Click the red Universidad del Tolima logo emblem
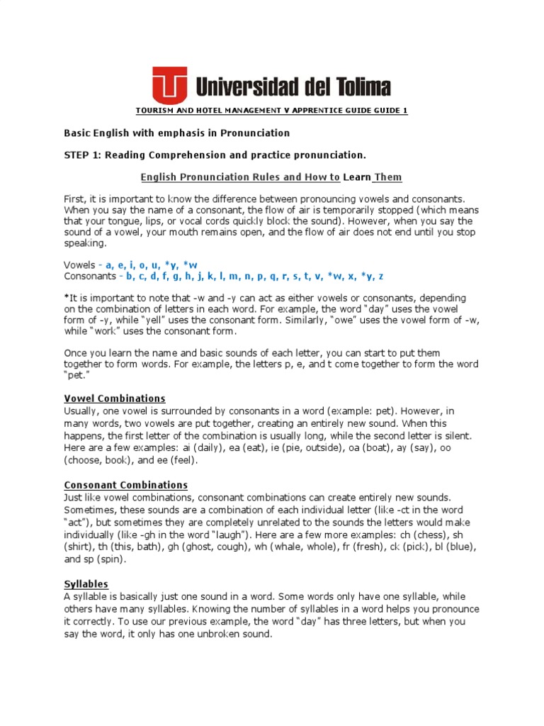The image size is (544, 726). (x=170, y=85)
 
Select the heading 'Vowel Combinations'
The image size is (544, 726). (x=115, y=398)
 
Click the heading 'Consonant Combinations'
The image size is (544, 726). (x=125, y=485)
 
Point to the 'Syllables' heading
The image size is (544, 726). (x=86, y=583)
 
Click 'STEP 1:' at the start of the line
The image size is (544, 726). (x=83, y=155)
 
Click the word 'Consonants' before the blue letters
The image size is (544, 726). (x=89, y=275)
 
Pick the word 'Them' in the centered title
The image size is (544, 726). (x=387, y=177)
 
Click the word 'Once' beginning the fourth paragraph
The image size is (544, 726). (x=76, y=352)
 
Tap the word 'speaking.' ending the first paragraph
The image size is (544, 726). (x=85, y=243)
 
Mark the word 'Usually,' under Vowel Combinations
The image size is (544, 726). (x=83, y=411)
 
